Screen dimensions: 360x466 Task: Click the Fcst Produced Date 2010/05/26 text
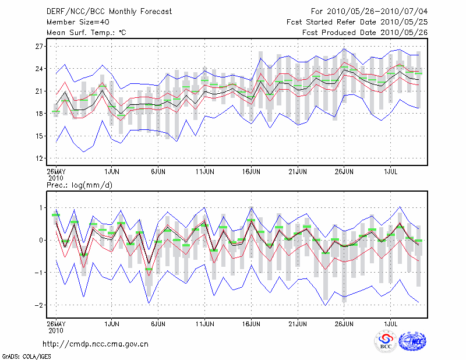click(365, 33)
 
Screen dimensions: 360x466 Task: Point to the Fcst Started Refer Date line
click(358, 22)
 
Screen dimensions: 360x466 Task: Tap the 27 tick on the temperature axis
click(40, 46)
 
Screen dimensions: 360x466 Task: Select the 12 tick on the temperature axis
click(40, 158)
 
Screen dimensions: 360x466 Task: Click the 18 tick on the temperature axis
click(40, 114)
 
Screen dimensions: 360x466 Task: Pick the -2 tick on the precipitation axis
click(38, 305)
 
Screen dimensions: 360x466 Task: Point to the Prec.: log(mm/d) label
click(78, 185)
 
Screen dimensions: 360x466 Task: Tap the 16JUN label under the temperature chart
click(251, 172)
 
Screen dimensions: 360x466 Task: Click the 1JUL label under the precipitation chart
click(391, 322)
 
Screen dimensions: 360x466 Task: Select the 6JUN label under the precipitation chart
click(158, 322)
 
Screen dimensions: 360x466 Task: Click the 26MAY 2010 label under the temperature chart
click(56, 175)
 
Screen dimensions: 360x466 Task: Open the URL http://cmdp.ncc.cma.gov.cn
click(96, 344)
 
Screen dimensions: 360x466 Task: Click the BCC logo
click(386, 341)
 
